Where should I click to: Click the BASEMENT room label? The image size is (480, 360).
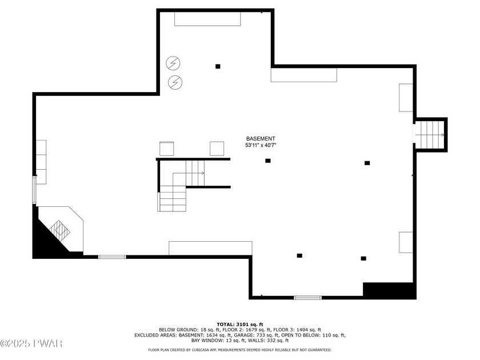pyautogui.click(x=261, y=139)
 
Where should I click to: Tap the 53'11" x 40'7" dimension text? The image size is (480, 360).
pyautogui.click(x=261, y=145)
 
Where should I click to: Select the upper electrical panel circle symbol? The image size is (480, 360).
pyautogui.click(x=173, y=63)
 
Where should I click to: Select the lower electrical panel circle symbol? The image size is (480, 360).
pyautogui.click(x=175, y=82)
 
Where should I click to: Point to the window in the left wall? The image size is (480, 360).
pyautogui.click(x=34, y=190)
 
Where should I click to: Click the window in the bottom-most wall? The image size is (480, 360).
pyautogui.click(x=307, y=298)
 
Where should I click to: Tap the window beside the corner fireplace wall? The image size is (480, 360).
pyautogui.click(x=112, y=257)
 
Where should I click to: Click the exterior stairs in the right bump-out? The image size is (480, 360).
pyautogui.click(x=429, y=135)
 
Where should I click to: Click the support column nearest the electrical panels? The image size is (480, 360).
pyautogui.click(x=218, y=66)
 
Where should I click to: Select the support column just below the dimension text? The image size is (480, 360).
pyautogui.click(x=268, y=161)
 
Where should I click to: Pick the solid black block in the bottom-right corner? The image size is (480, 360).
pyautogui.click(x=389, y=290)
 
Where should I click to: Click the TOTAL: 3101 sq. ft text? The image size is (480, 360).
pyautogui.click(x=240, y=324)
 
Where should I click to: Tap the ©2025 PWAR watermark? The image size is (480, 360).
pyautogui.click(x=31, y=343)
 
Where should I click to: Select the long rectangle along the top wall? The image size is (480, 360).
pyautogui.click(x=207, y=19)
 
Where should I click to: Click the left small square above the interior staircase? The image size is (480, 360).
pyautogui.click(x=166, y=149)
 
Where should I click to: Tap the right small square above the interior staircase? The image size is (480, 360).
pyautogui.click(x=217, y=149)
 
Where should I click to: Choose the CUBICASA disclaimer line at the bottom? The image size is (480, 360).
pyautogui.click(x=239, y=350)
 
